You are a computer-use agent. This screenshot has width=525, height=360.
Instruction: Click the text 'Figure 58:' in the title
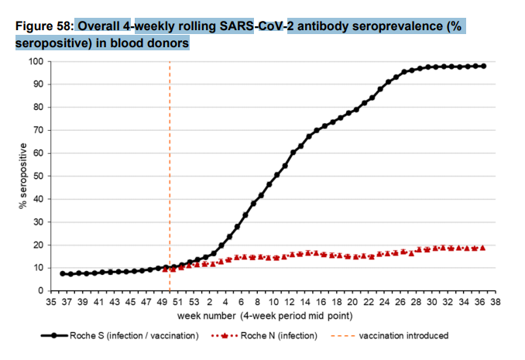point(43,26)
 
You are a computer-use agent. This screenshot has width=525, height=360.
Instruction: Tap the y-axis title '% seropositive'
point(22,176)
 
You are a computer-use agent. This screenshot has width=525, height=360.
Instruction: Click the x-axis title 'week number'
point(204,315)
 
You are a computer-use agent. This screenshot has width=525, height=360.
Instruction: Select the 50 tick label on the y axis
point(36,176)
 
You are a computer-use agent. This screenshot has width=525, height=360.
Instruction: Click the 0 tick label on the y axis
point(39,290)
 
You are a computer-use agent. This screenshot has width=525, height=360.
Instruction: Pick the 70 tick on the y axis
point(36,130)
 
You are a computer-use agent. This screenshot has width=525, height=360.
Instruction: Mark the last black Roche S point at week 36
point(484,67)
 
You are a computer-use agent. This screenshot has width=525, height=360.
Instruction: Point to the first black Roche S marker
point(63,273)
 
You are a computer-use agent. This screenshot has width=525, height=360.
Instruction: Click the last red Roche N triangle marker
point(484,248)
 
